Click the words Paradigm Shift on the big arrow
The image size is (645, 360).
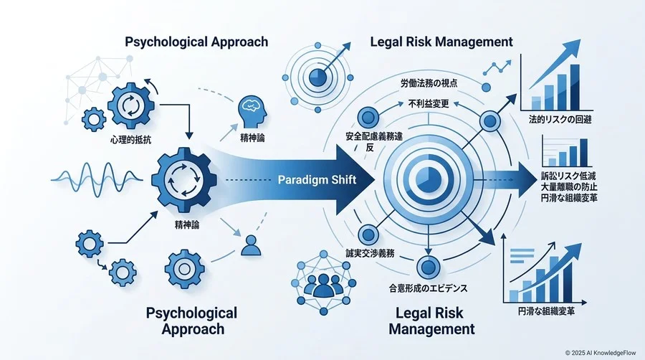[317, 180]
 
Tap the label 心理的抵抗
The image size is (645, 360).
[131, 140]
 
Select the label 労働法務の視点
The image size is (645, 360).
[429, 83]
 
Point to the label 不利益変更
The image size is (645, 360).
[429, 104]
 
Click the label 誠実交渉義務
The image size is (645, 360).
[370, 253]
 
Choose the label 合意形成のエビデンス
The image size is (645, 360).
[429, 288]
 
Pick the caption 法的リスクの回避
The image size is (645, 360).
[560, 120]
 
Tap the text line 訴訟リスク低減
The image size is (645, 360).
[568, 176]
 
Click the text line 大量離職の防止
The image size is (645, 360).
[569, 186]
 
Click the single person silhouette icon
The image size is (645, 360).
[251, 245]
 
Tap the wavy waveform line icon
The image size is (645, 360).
[97, 179]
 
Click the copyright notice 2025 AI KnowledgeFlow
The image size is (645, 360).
[601, 353]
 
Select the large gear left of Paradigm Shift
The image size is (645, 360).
[184, 180]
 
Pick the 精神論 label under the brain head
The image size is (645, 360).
[252, 138]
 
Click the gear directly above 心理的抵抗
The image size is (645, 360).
[131, 106]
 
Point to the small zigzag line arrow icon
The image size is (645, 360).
[497, 68]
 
